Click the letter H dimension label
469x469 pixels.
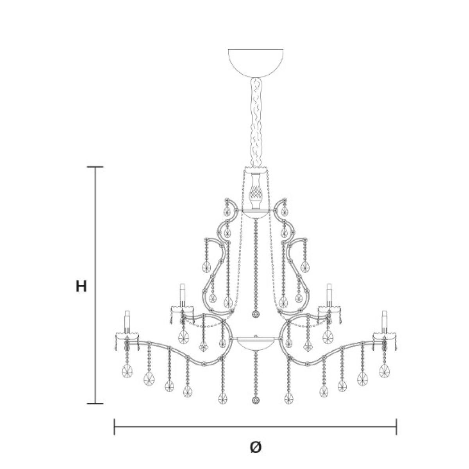pos(81,286)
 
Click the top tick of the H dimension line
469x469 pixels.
pos(95,167)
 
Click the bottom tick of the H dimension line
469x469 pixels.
pos(95,404)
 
